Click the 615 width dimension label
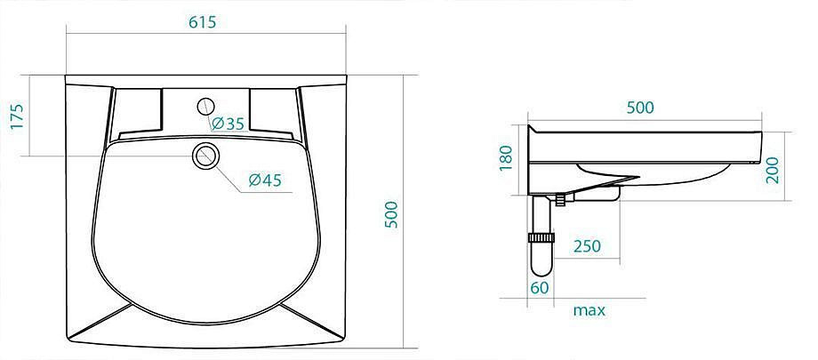[x=202, y=22]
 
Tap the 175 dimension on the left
[x=17, y=116]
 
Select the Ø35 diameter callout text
[x=228, y=124]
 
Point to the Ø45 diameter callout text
[x=265, y=180]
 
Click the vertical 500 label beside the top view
[x=391, y=214]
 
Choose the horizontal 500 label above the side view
[x=640, y=108]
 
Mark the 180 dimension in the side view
[x=506, y=158]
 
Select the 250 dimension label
[x=587, y=245]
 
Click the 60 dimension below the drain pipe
[x=540, y=287]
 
